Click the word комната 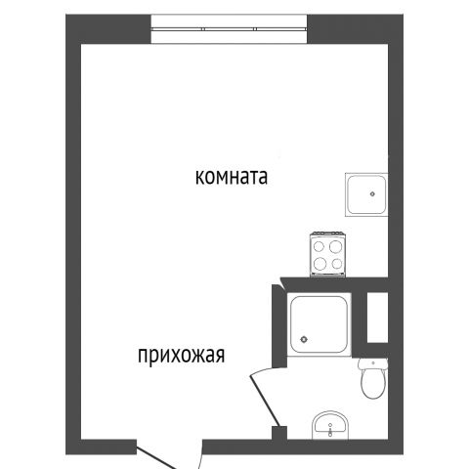click(x=232, y=177)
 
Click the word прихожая click(x=182, y=355)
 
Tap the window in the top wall click(x=230, y=29)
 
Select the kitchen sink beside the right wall click(x=366, y=194)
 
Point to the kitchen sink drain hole click(x=372, y=193)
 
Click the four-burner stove click(x=327, y=254)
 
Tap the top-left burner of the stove click(x=320, y=247)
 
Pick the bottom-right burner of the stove click(x=337, y=263)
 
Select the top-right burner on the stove click(x=335, y=246)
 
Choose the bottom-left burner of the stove click(x=320, y=263)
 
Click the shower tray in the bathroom click(x=319, y=324)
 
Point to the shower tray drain click(x=304, y=339)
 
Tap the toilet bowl click(x=373, y=384)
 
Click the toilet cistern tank click(x=373, y=363)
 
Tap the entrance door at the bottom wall click(x=156, y=458)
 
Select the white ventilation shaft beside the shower click(x=377, y=318)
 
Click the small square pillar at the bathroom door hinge click(x=279, y=433)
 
